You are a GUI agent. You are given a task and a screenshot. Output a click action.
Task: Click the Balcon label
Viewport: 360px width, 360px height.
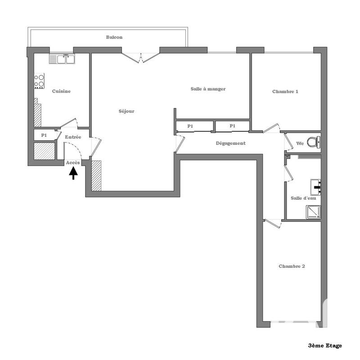click(114, 37)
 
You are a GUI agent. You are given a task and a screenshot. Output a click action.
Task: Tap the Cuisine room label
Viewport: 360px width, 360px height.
click(61, 91)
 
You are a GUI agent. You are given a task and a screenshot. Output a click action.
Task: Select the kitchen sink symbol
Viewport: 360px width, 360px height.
click(62, 58)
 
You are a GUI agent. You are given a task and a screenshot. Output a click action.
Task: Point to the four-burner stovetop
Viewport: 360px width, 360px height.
click(40, 81)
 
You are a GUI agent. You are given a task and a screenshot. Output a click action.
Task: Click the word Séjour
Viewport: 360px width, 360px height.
click(126, 111)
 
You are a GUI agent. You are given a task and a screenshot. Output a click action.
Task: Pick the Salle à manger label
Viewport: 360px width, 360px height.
click(208, 89)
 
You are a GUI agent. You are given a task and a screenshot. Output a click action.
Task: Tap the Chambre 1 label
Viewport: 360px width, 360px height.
click(285, 91)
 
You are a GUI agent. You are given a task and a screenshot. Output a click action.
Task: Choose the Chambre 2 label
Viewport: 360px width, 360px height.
click(292, 266)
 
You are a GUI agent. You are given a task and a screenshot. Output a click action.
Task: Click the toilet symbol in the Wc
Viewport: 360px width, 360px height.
click(316, 142)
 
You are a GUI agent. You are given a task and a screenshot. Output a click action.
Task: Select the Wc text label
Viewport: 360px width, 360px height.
click(300, 144)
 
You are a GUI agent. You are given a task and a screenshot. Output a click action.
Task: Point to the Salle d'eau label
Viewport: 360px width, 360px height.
click(302, 198)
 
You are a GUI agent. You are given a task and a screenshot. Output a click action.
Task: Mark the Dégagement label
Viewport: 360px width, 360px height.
click(230, 144)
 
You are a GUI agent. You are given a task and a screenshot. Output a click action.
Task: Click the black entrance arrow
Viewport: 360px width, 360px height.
click(73, 173)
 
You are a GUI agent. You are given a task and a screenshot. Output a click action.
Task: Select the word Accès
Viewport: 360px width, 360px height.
click(73, 162)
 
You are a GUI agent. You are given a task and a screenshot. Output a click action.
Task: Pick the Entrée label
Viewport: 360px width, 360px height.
click(73, 137)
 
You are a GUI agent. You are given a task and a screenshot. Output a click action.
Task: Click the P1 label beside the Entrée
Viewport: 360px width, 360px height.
click(44, 135)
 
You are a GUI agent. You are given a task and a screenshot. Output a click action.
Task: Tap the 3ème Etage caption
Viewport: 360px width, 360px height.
click(325, 346)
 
